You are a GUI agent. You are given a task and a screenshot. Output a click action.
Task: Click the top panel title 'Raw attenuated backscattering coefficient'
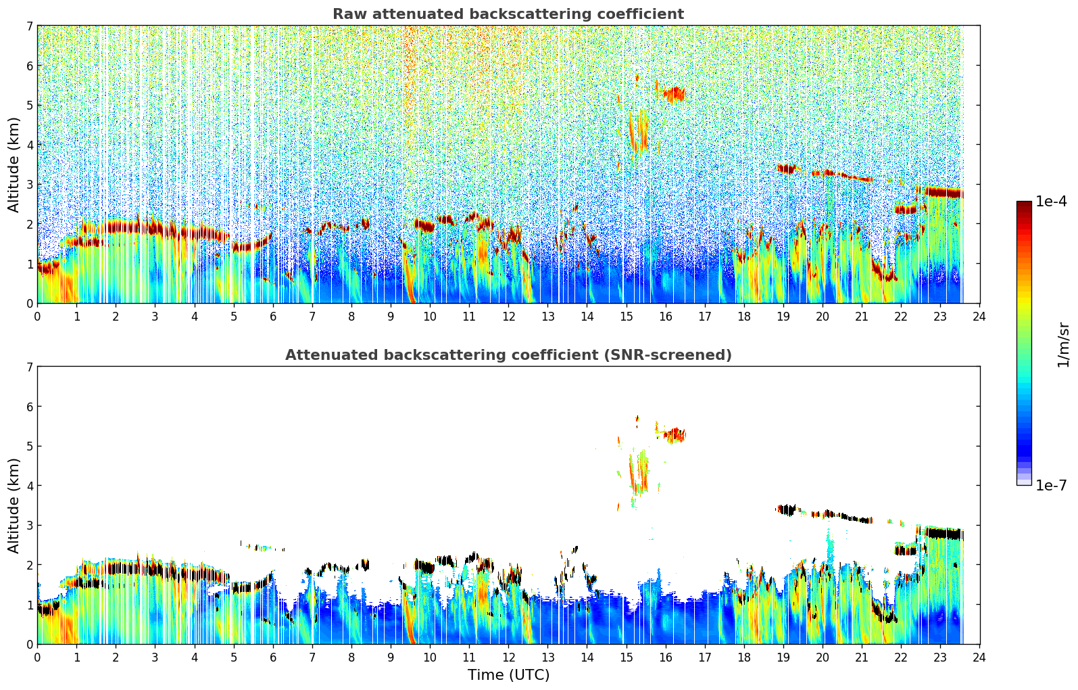click(x=508, y=14)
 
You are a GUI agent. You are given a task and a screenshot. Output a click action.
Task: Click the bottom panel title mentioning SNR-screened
click(x=508, y=355)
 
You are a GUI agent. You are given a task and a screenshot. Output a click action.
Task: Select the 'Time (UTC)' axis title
click(x=508, y=675)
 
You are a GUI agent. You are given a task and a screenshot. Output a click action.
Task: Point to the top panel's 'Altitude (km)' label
click(x=14, y=164)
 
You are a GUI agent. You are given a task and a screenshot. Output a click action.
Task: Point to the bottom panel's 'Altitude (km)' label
click(x=14, y=505)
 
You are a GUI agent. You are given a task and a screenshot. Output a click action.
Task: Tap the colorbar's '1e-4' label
click(x=1051, y=202)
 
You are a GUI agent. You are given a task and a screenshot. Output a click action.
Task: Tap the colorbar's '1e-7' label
click(x=1051, y=485)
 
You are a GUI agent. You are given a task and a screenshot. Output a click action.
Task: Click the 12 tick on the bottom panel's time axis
click(x=508, y=657)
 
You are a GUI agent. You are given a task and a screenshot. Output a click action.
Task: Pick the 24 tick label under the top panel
click(x=979, y=316)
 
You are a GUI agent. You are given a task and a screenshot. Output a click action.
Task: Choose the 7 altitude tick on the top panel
click(x=30, y=26)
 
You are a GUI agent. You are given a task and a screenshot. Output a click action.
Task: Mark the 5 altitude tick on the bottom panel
click(x=30, y=446)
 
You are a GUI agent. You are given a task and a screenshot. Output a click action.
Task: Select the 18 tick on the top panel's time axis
click(x=744, y=316)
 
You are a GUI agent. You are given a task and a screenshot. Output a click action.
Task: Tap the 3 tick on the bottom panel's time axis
click(x=155, y=657)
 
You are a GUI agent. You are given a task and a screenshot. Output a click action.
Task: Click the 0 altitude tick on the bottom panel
click(x=30, y=644)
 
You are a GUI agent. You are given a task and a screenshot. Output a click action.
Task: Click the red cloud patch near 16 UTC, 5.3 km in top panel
click(x=674, y=94)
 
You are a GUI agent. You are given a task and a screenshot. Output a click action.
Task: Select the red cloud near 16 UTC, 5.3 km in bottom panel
click(x=674, y=435)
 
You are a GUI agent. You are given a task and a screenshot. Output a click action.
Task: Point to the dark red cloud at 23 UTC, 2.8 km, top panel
click(x=941, y=192)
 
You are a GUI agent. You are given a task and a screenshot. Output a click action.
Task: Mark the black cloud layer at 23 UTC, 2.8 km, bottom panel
click(x=941, y=534)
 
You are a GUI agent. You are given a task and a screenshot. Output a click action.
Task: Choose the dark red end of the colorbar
click(x=1023, y=206)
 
